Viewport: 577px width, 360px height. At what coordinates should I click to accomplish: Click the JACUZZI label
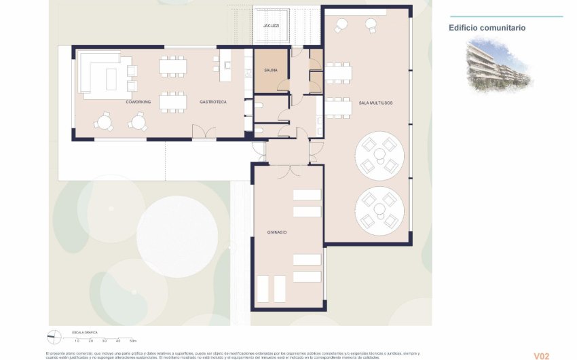click(x=272, y=26)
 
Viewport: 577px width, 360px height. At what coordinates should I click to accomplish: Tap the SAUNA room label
click(x=272, y=70)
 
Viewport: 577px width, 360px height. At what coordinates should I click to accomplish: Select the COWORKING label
click(x=138, y=102)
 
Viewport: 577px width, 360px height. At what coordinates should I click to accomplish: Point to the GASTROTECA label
click(x=213, y=102)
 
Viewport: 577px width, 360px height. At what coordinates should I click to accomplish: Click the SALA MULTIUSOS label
click(x=375, y=103)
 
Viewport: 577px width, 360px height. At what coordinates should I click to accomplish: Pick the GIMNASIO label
click(x=276, y=232)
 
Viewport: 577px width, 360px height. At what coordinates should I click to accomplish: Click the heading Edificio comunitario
click(x=487, y=29)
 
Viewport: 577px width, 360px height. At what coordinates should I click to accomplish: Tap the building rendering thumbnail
click(x=499, y=65)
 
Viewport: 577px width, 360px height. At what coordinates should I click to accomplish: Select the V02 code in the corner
click(x=541, y=355)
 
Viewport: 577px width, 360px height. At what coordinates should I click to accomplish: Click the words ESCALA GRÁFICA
click(x=85, y=332)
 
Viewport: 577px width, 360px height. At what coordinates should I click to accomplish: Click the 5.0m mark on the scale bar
click(x=133, y=340)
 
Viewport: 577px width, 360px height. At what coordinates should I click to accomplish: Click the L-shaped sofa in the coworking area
click(x=102, y=71)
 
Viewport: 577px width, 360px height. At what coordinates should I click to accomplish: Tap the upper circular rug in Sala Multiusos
click(x=380, y=155)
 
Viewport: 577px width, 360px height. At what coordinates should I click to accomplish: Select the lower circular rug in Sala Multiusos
click(x=380, y=210)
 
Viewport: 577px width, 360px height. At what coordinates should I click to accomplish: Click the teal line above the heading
click(x=507, y=17)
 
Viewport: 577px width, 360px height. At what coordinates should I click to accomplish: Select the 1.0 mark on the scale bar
click(x=77, y=340)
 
